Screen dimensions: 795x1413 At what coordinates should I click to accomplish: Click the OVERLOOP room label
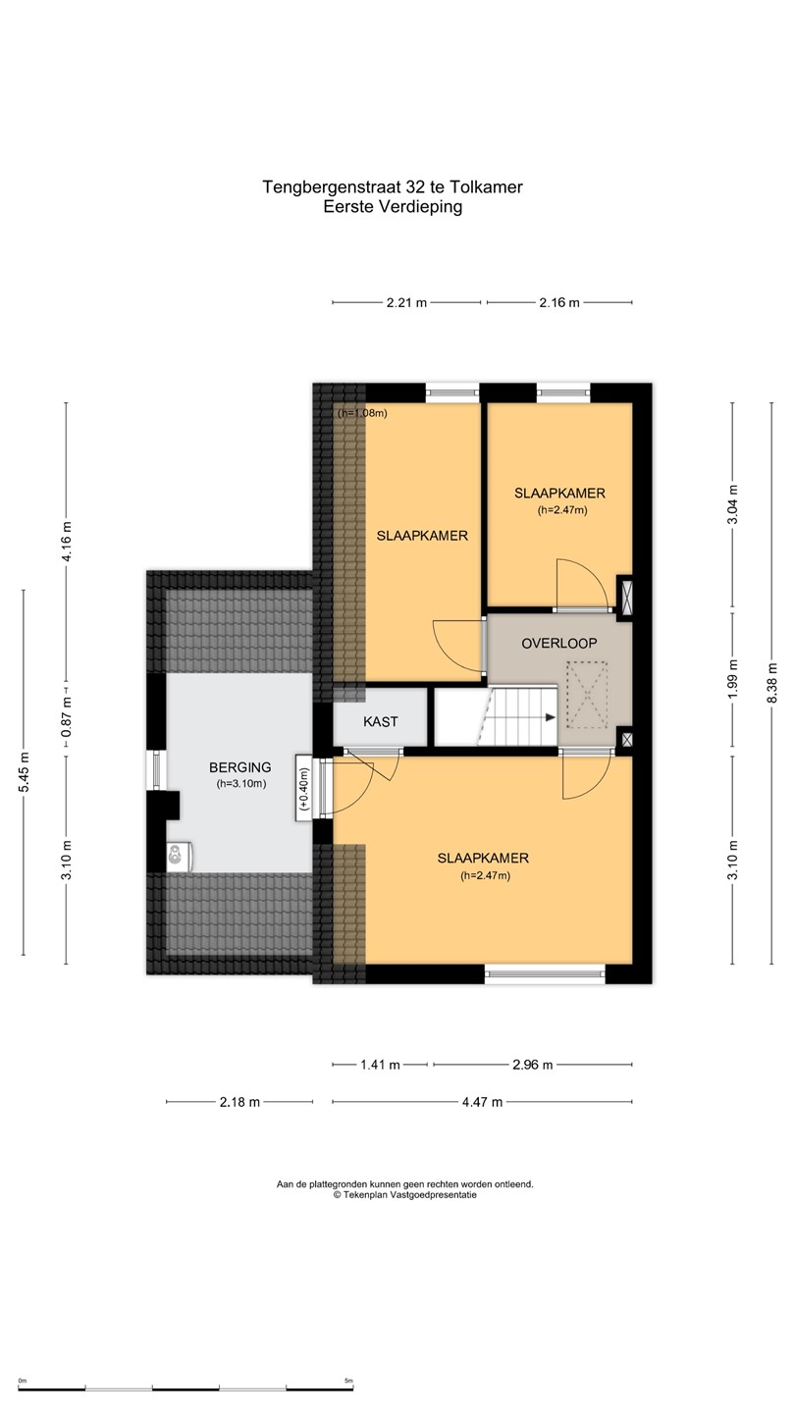pyautogui.click(x=559, y=644)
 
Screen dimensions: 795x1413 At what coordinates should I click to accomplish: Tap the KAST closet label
pyautogui.click(x=381, y=721)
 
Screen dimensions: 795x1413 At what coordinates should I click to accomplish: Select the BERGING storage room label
pyautogui.click(x=240, y=767)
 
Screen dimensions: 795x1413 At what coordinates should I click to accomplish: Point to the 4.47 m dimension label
pyautogui.click(x=483, y=1102)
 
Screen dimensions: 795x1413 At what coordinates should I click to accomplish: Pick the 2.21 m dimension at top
pyautogui.click(x=407, y=303)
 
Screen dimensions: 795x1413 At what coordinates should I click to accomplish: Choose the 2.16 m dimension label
pyautogui.click(x=559, y=303)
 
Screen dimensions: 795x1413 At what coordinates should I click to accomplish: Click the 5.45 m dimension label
pyautogui.click(x=24, y=772)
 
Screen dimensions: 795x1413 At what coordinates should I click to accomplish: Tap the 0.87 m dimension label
pyautogui.click(x=67, y=717)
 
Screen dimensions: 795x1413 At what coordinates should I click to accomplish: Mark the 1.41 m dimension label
pyautogui.click(x=381, y=1065)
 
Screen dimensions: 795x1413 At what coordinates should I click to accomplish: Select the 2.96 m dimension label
pyautogui.click(x=533, y=1065)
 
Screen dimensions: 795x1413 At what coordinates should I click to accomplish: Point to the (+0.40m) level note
pyautogui.click(x=304, y=789)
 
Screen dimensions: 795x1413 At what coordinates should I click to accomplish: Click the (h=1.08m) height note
pyautogui.click(x=362, y=413)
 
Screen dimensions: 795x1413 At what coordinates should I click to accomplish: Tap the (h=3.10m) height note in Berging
pyautogui.click(x=240, y=784)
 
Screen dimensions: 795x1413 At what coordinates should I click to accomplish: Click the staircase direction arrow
pyautogui.click(x=551, y=717)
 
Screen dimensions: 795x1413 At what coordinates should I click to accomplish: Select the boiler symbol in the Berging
pyautogui.click(x=180, y=857)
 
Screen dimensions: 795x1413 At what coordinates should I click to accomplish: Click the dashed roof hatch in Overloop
pyautogui.click(x=587, y=695)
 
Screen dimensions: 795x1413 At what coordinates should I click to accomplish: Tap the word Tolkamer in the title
pyautogui.click(x=486, y=187)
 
